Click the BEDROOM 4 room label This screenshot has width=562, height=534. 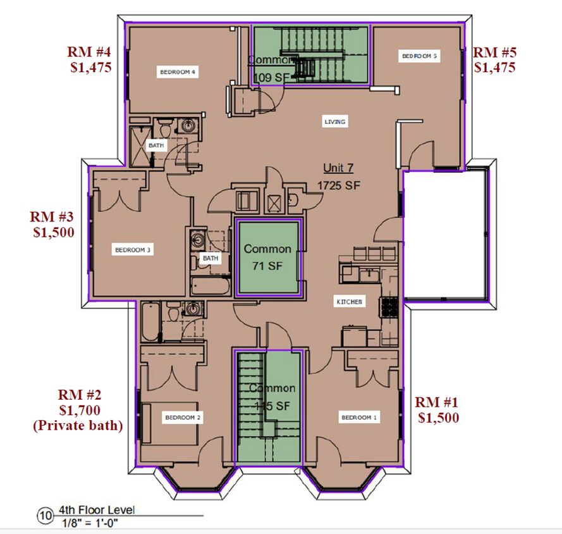coord(178,72)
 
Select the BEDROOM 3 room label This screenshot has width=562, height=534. coord(132,250)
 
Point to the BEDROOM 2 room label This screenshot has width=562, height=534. coord(183,418)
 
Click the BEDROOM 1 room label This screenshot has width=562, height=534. coord(359,418)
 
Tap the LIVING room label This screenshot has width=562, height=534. coord(335,121)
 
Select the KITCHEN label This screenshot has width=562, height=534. coord(348,302)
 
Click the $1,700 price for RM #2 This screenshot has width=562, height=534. coord(76,411)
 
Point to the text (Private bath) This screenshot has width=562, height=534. coord(76,426)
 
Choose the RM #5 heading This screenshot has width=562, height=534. coord(494,52)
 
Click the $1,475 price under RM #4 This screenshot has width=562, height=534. coord(90,67)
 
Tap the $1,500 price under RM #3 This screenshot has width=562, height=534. coord(54,232)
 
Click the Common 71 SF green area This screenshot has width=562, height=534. coord(267,258)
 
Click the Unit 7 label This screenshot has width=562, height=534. coord(339,168)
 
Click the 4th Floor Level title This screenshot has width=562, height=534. coord(97,510)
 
